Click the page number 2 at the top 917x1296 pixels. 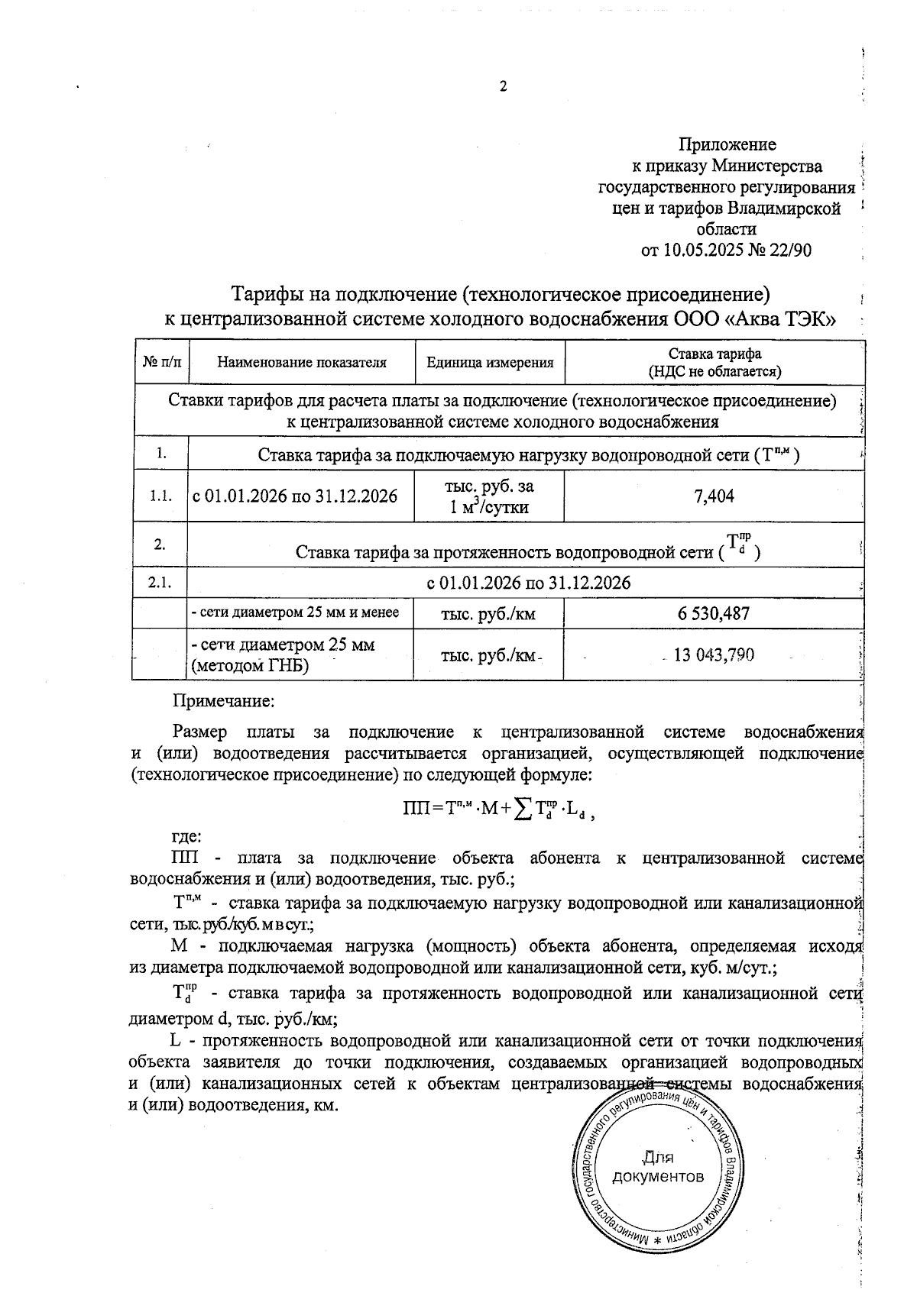503,87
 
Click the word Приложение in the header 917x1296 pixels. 727,144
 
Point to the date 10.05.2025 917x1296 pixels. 702,250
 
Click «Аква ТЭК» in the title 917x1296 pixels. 779,318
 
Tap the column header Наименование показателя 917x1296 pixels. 301,363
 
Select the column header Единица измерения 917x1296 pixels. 489,363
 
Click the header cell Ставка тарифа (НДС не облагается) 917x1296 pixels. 714,363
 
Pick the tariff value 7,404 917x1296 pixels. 714,496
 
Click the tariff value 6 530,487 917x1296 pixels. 714,613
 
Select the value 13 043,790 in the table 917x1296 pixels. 714,654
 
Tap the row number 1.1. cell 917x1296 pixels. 160,496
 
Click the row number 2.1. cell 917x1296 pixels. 160,583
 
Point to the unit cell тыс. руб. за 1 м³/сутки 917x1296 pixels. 489,496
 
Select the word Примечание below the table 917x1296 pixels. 223,700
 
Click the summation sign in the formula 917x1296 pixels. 523,809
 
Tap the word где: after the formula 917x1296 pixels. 186,836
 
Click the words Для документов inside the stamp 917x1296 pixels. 658,1167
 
